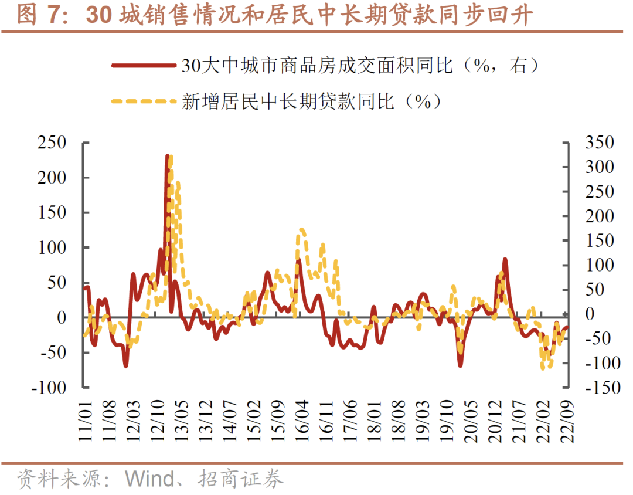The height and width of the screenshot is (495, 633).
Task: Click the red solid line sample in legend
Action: (143, 66)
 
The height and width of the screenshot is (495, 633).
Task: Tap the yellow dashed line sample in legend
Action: (143, 101)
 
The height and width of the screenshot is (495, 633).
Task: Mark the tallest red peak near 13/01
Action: (168, 157)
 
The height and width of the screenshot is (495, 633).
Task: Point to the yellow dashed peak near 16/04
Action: (301, 230)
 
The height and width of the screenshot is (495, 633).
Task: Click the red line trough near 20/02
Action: (460, 365)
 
